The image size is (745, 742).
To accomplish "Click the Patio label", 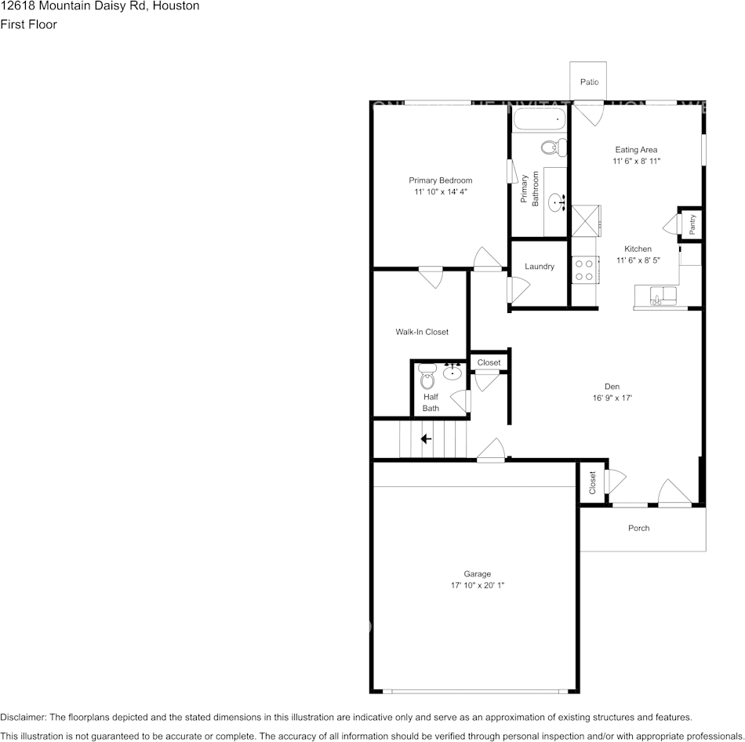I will click(589, 82).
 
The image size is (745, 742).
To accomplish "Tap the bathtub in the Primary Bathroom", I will click(540, 121).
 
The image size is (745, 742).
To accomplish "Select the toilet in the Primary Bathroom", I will click(554, 147).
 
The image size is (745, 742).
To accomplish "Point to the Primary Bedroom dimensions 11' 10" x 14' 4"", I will click(440, 191).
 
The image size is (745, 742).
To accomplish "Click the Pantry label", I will click(692, 225).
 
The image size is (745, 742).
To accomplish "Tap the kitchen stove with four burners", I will click(584, 270).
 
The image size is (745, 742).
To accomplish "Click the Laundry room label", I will click(540, 267).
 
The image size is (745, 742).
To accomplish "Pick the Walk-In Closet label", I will click(422, 332).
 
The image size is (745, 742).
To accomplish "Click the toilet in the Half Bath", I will click(427, 379).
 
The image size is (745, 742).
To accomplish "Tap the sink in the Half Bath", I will click(452, 372).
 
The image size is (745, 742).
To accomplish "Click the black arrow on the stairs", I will click(426, 439).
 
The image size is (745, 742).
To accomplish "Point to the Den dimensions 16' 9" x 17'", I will click(612, 398).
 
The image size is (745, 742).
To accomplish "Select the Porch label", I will click(638, 528).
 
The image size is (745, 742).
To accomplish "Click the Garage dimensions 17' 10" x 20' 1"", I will click(477, 585).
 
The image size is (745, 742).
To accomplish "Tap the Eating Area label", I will click(636, 149).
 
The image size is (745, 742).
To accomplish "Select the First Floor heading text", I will click(28, 24).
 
